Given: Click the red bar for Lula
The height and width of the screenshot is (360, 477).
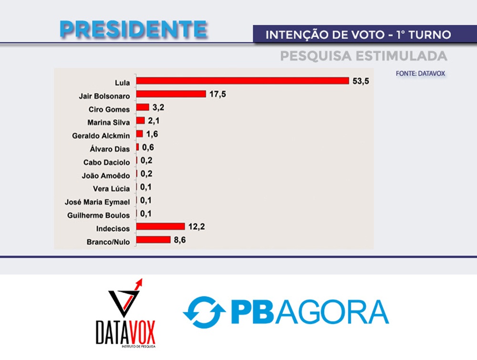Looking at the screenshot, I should [243, 81].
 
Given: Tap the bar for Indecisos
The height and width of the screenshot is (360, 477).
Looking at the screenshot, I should [160, 226].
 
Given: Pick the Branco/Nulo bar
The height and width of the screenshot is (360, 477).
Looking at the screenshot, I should [153, 239].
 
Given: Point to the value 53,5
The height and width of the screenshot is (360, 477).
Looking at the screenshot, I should [361, 81].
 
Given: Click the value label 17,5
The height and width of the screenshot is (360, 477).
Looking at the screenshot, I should [217, 94].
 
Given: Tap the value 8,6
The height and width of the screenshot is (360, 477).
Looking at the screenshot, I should [180, 239].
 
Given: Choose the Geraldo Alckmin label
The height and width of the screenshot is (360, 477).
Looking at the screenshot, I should [101, 136].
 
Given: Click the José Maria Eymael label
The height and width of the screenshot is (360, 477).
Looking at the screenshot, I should [97, 202].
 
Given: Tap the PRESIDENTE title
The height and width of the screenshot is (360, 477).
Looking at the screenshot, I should [134, 30].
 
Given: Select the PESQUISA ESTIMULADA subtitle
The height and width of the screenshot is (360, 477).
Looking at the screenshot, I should [363, 56].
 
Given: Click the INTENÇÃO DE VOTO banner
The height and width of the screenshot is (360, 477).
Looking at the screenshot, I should [358, 35].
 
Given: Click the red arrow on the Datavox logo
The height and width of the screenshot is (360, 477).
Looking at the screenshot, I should [140, 283].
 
